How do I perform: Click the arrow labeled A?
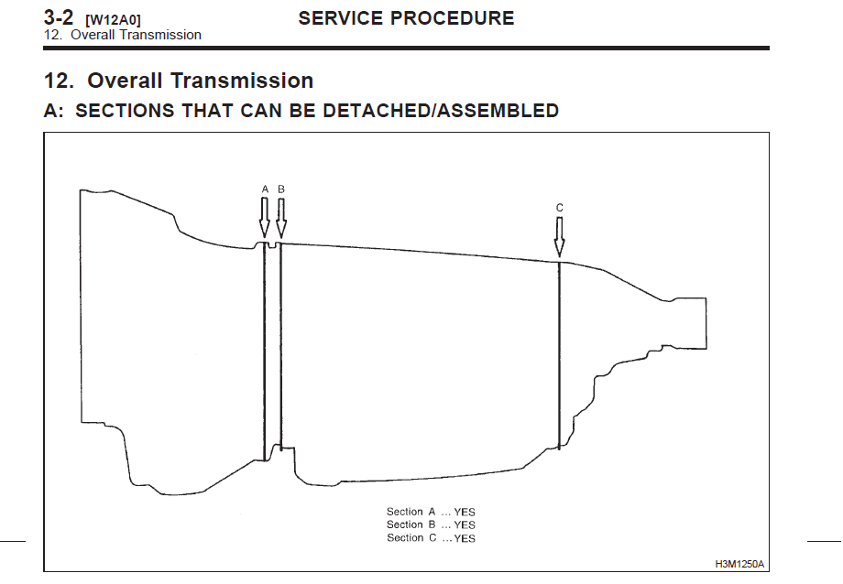[264, 217]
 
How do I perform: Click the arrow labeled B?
[280, 218]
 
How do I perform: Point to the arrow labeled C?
[559, 236]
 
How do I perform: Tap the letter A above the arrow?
[265, 189]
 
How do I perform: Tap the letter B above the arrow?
[281, 189]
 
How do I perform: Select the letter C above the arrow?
[560, 208]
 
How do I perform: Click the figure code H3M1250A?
[739, 564]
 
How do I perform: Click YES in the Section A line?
[465, 512]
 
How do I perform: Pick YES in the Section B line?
[465, 525]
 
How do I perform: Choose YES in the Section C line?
[465, 538]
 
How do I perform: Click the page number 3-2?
[58, 17]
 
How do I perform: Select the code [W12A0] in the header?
[113, 20]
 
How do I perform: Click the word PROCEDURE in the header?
[452, 18]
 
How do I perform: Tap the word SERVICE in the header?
[341, 18]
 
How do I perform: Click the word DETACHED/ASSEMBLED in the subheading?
[441, 110]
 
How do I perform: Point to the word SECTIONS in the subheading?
[125, 110]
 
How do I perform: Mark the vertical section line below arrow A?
[265, 352]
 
